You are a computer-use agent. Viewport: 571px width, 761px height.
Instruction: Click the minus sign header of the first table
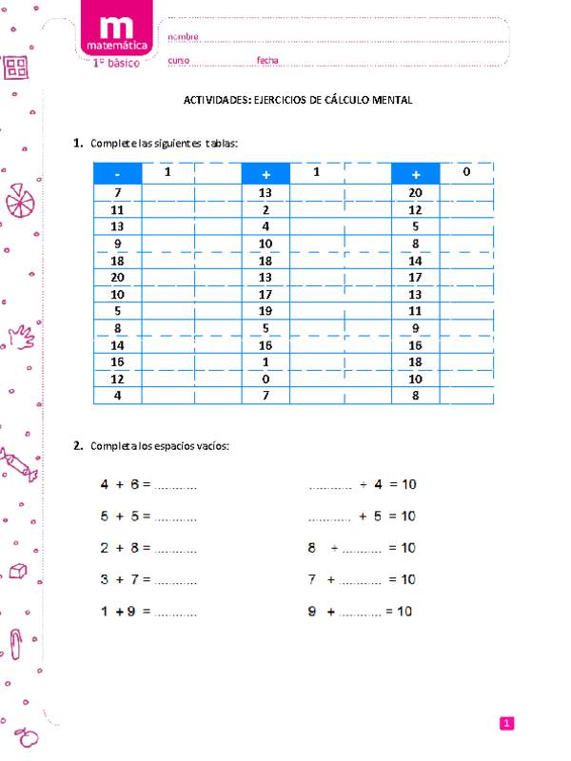coord(116,174)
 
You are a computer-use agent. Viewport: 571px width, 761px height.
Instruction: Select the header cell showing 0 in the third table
coord(466,172)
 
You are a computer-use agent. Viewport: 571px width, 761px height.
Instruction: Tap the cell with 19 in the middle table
coord(266,310)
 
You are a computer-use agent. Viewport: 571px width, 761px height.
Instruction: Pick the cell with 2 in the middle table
coord(266,209)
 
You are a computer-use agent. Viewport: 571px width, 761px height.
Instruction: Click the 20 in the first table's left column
coord(117,277)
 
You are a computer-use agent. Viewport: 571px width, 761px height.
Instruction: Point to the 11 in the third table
coord(415,310)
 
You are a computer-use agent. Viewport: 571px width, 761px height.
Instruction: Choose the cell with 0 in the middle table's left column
coord(266,378)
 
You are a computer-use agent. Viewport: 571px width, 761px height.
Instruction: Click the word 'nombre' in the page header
coord(183,36)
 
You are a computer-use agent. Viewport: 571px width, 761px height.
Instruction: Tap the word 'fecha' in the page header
coord(267,61)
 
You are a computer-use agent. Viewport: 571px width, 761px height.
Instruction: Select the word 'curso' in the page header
coord(179,61)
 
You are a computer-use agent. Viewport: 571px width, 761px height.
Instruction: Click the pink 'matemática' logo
coord(115,33)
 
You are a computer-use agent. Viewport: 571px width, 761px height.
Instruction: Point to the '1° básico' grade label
coord(115,63)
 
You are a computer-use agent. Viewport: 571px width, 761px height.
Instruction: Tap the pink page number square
coord(507,725)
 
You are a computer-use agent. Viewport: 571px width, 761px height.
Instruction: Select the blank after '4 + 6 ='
coord(175,486)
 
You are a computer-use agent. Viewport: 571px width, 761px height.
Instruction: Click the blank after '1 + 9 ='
coord(175,613)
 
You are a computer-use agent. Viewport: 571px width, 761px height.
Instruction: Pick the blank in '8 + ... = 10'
coord(361,550)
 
